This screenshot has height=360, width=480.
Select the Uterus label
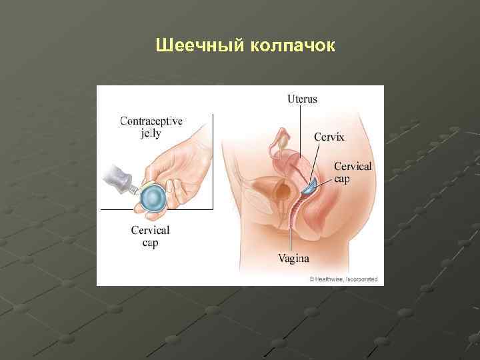[x=302, y=99]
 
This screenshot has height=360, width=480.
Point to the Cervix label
[x=330, y=137]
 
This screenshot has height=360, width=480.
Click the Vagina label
[x=294, y=257]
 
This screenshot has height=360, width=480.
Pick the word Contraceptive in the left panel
[x=151, y=121]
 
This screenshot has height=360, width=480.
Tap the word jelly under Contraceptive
[x=151, y=133]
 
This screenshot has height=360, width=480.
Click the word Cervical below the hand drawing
[x=150, y=231]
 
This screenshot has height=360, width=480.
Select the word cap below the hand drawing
[x=150, y=243]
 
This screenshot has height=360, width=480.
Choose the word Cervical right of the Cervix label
[x=352, y=167]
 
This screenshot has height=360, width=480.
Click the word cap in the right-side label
[x=342, y=179]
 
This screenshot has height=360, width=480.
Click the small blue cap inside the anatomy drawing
[x=309, y=187]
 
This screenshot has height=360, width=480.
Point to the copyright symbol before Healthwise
[x=311, y=279]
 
